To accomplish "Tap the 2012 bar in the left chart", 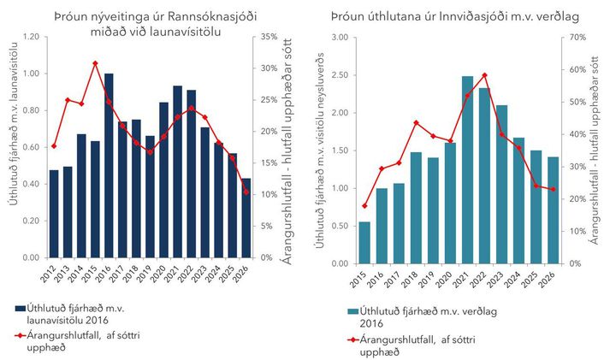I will click(54, 214).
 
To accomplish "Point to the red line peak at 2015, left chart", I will click(95, 63).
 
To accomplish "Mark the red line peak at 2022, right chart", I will click(485, 75).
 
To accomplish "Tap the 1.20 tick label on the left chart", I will click(30, 38).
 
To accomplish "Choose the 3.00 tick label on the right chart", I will click(336, 38).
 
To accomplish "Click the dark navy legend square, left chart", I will click(20, 308).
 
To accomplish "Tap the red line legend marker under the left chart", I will click(18, 335).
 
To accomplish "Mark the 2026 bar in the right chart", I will click(554, 210).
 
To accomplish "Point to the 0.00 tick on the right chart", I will click(336, 263).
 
